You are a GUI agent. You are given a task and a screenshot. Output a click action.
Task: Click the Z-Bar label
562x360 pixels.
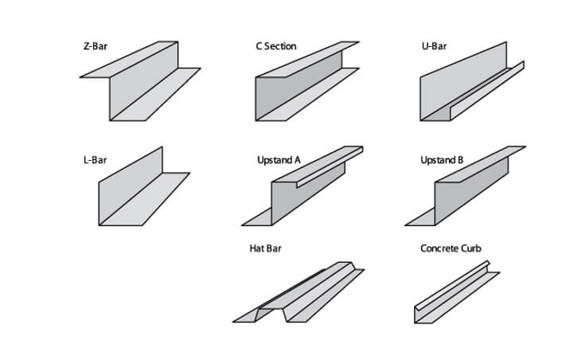coord(95,46)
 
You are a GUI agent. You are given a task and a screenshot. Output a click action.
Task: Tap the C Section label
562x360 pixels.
coord(275,46)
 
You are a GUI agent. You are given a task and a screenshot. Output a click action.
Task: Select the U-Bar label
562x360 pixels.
coord(434,46)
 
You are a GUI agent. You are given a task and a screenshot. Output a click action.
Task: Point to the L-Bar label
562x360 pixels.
coord(95,160)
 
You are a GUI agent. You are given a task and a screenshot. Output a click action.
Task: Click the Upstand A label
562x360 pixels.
coord(279,160)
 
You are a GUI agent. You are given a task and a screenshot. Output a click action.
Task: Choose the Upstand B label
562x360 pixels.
coord(442,160)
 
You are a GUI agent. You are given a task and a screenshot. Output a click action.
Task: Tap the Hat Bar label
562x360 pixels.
coord(265,248)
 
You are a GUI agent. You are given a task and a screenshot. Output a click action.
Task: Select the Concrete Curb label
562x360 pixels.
coord(451,248)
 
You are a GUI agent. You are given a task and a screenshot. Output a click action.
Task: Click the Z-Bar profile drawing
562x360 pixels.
coord(139,84)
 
